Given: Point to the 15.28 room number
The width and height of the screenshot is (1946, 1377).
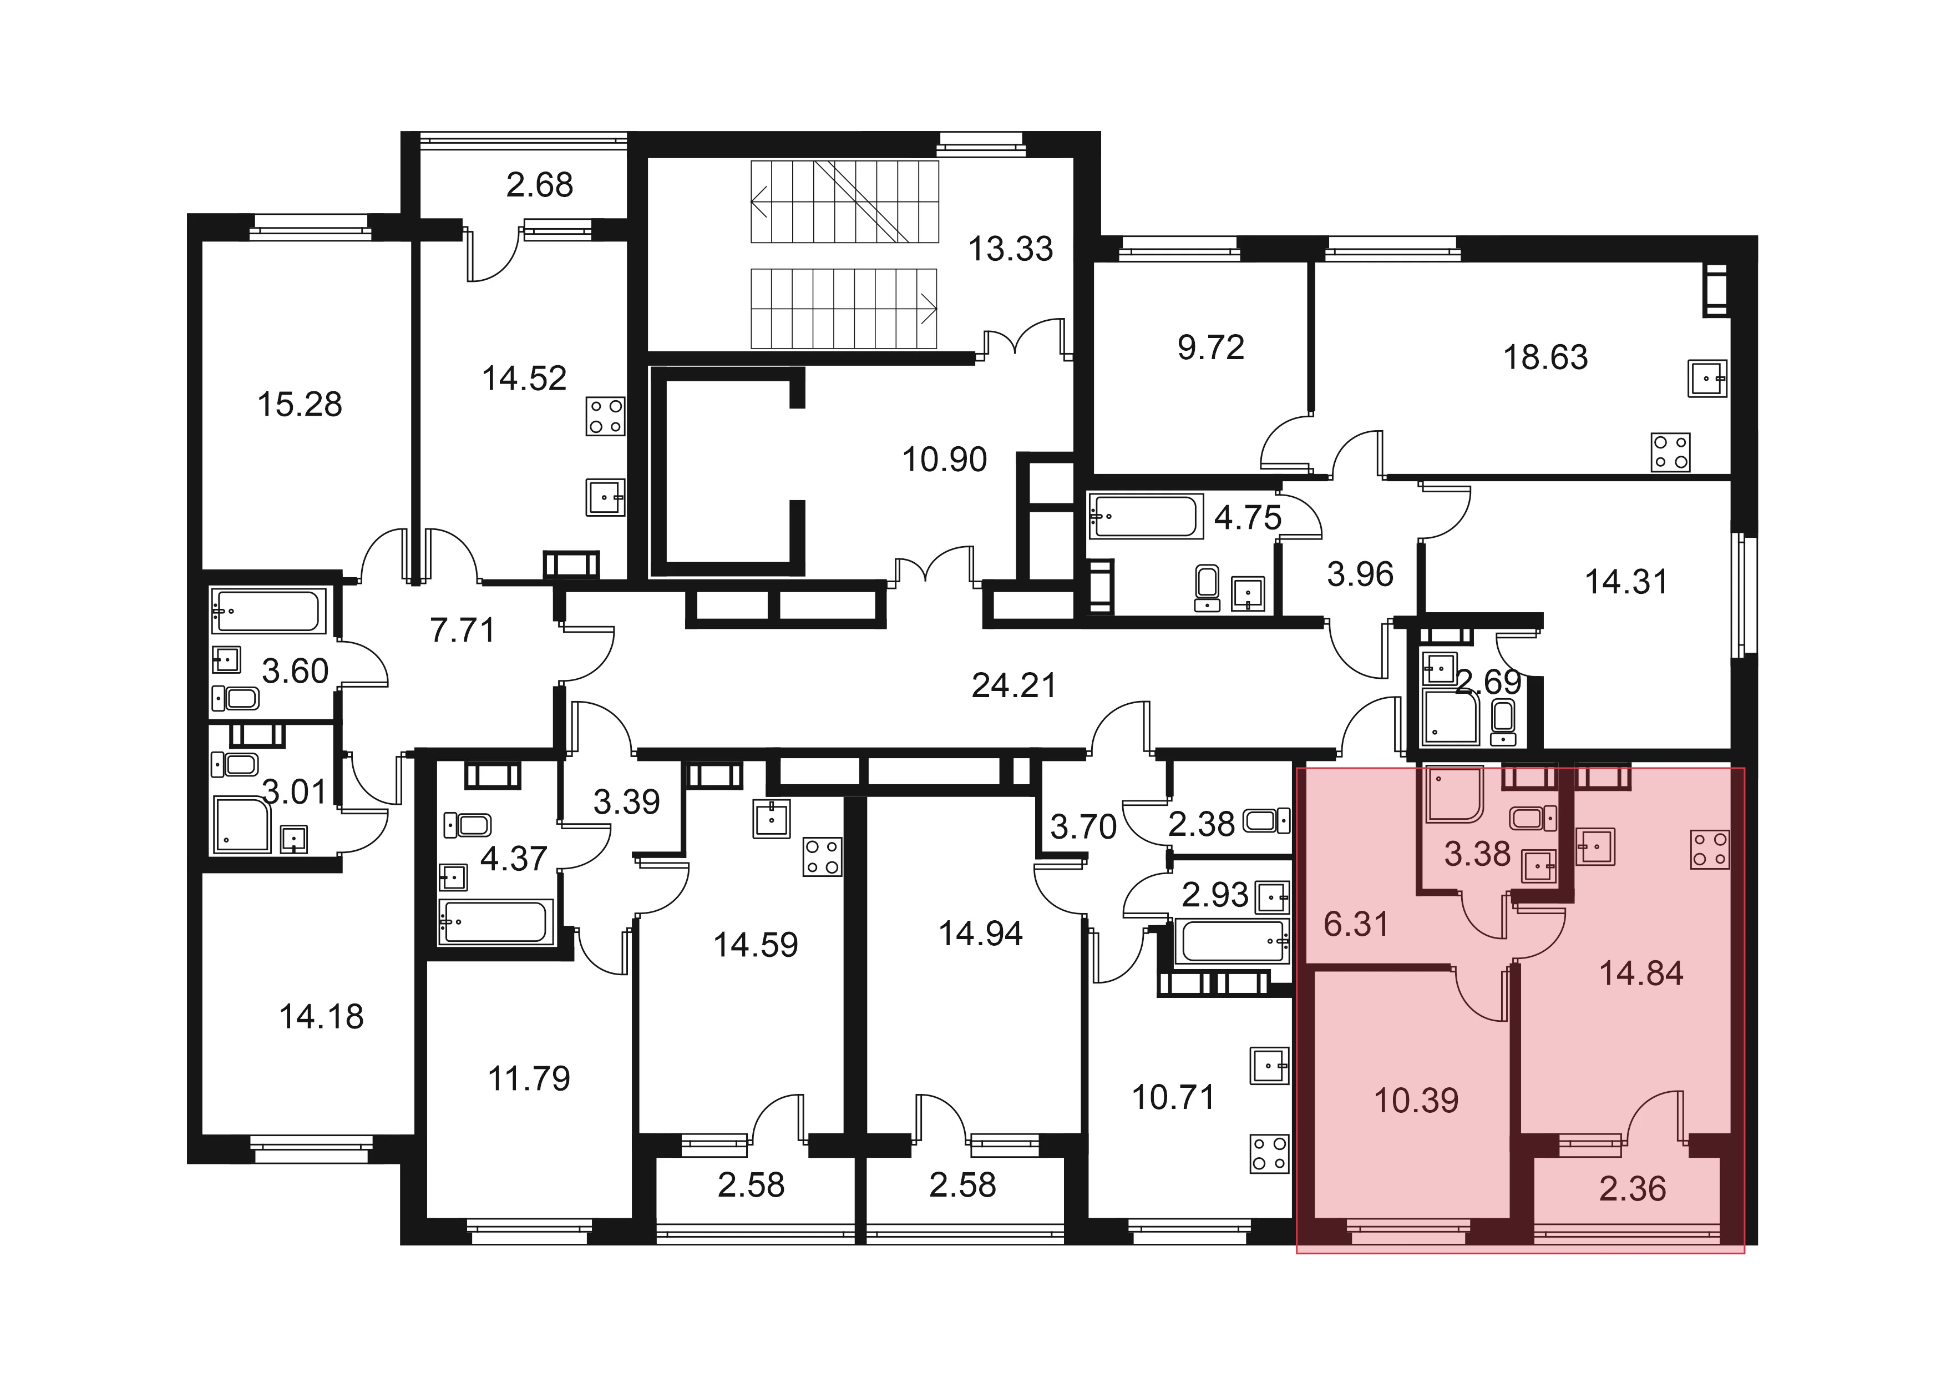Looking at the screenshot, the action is click(x=300, y=405).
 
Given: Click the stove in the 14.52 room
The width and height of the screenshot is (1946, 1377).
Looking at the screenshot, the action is click(x=605, y=416).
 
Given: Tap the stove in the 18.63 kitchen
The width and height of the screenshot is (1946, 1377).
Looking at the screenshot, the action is click(x=1670, y=452).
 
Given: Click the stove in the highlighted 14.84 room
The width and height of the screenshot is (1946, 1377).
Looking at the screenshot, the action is click(x=1710, y=850).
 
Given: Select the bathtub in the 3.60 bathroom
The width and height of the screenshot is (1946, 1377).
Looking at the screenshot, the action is click(x=268, y=611).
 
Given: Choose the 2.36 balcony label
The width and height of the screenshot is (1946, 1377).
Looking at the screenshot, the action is click(x=1633, y=1189).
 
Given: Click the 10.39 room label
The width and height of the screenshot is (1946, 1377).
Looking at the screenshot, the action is click(x=1416, y=1101).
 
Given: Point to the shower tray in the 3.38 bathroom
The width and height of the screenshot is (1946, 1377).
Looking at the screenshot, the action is click(x=1455, y=794).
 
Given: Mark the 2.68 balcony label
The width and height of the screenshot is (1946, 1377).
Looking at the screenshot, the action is click(x=540, y=185).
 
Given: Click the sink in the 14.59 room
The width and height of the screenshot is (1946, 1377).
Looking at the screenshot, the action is click(x=771, y=819).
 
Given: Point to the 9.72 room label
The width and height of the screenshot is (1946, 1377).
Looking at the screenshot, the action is click(x=1210, y=347).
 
